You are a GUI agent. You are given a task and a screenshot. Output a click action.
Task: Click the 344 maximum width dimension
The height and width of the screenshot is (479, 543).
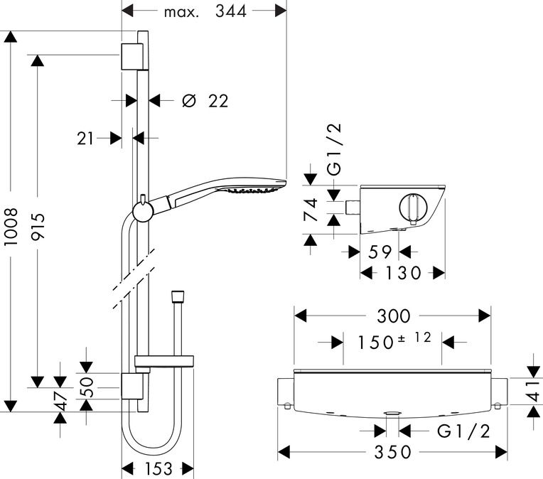[231, 11]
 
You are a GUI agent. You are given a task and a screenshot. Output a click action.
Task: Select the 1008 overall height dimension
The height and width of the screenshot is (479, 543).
[11, 227]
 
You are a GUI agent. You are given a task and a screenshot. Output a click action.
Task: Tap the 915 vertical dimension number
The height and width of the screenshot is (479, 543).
[38, 227]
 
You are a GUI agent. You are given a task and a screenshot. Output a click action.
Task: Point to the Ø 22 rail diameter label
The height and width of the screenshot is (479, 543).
[205, 101]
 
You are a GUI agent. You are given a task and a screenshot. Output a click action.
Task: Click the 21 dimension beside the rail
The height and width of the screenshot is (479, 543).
[85, 139]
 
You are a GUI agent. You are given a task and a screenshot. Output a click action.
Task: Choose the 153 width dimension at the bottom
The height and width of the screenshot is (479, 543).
[158, 469]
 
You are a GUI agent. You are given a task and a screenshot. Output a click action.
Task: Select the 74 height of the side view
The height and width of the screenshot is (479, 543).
[311, 210]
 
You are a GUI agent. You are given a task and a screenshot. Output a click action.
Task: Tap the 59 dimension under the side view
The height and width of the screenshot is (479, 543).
[380, 252]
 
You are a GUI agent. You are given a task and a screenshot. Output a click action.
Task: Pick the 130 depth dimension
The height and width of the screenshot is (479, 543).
[403, 273]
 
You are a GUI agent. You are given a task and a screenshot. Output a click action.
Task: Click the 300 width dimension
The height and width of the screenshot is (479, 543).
[394, 316]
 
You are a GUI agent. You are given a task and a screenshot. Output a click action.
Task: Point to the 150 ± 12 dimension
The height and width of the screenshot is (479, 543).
[394, 340]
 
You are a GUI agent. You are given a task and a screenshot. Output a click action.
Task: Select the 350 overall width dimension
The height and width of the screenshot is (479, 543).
[393, 452]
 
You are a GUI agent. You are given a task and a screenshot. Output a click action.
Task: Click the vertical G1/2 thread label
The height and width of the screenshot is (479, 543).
[335, 149]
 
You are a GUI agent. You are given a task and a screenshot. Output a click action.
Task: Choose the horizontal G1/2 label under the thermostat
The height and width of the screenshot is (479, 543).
[463, 431]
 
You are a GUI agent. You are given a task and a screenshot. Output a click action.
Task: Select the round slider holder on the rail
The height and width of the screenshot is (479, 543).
[143, 211]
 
